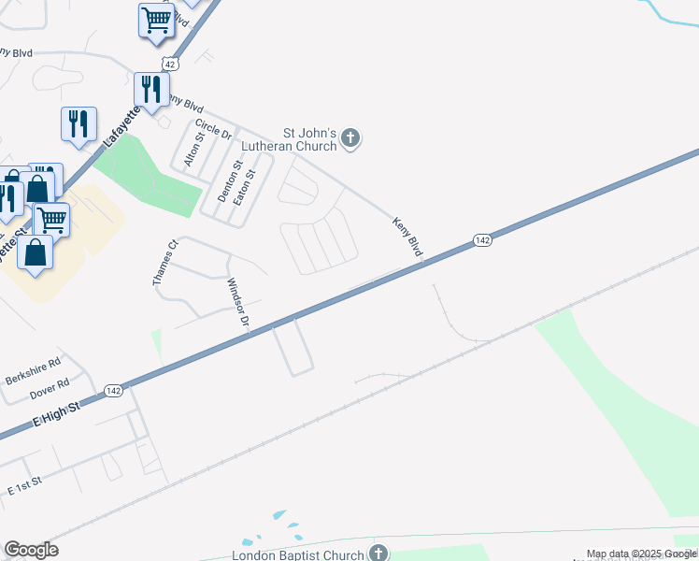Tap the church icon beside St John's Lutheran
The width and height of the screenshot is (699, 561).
350,139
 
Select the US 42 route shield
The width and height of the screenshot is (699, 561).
168,63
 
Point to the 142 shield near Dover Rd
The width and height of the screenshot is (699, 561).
113,390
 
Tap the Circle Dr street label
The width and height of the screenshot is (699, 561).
213,129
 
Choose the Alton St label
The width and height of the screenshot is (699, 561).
193,150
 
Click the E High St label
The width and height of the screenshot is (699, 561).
57,414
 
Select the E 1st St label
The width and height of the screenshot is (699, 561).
26,487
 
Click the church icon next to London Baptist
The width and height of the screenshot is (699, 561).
378,554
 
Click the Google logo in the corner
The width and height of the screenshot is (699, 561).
31,550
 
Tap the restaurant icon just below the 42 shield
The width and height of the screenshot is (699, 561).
150,91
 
